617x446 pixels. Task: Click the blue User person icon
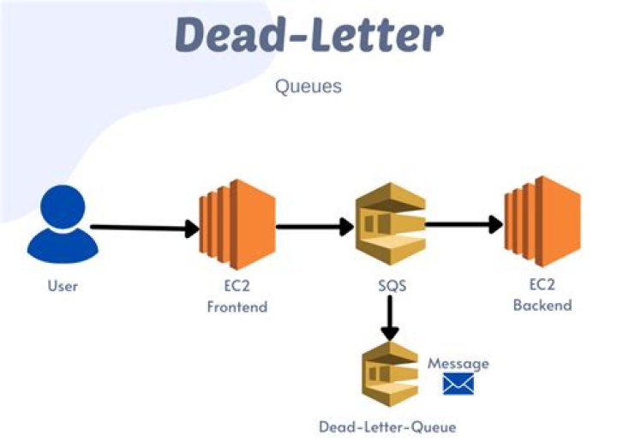(x=63, y=226)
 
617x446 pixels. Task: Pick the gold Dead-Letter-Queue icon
(x=390, y=376)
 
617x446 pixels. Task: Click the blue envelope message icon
(x=458, y=384)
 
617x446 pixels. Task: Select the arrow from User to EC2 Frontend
(x=144, y=228)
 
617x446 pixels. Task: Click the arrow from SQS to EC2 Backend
(x=464, y=225)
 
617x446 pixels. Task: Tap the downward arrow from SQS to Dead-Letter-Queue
(x=390, y=318)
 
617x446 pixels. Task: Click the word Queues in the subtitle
(x=308, y=86)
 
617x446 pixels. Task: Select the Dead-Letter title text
(x=308, y=34)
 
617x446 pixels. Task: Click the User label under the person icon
(x=63, y=285)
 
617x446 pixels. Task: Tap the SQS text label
(x=390, y=285)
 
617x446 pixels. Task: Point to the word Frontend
(x=237, y=306)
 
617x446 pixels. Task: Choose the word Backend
(x=542, y=305)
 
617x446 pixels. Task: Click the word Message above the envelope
(x=458, y=363)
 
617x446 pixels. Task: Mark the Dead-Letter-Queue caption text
(x=387, y=426)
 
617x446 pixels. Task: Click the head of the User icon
(x=63, y=208)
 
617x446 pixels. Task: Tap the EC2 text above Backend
(x=542, y=286)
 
